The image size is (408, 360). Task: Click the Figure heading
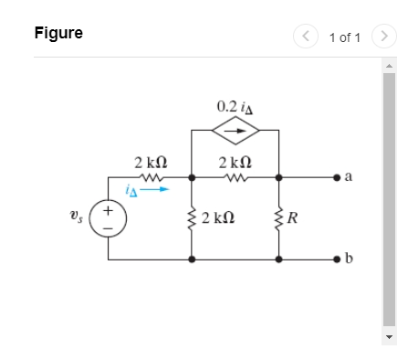(x=58, y=33)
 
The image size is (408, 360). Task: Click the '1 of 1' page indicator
(x=345, y=37)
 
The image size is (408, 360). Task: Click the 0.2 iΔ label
(x=235, y=106)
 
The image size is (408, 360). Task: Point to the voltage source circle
(x=109, y=220)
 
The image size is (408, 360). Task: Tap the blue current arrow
(x=156, y=190)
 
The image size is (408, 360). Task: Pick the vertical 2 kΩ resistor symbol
(x=192, y=217)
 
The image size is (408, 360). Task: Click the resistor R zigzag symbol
(x=278, y=217)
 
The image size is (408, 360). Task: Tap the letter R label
(x=294, y=218)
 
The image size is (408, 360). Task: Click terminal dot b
(x=336, y=259)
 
